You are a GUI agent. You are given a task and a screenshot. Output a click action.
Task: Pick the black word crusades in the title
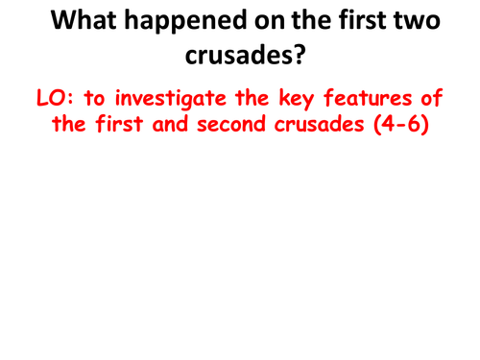click(x=233, y=58)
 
